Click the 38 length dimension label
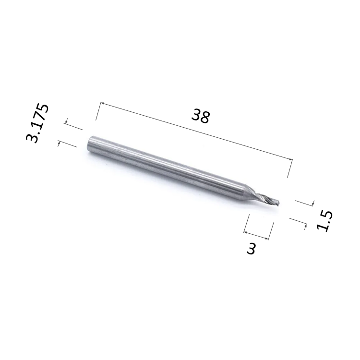[201, 116]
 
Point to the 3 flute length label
[251, 249]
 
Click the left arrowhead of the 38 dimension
[102, 103]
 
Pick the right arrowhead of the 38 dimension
[289, 159]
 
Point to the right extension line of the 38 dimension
[289, 168]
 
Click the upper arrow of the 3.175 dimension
[67, 122]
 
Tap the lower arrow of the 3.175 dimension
[59, 143]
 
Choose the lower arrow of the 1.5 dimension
[305, 225]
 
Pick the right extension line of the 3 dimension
[271, 231]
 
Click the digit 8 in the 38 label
[205, 117]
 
